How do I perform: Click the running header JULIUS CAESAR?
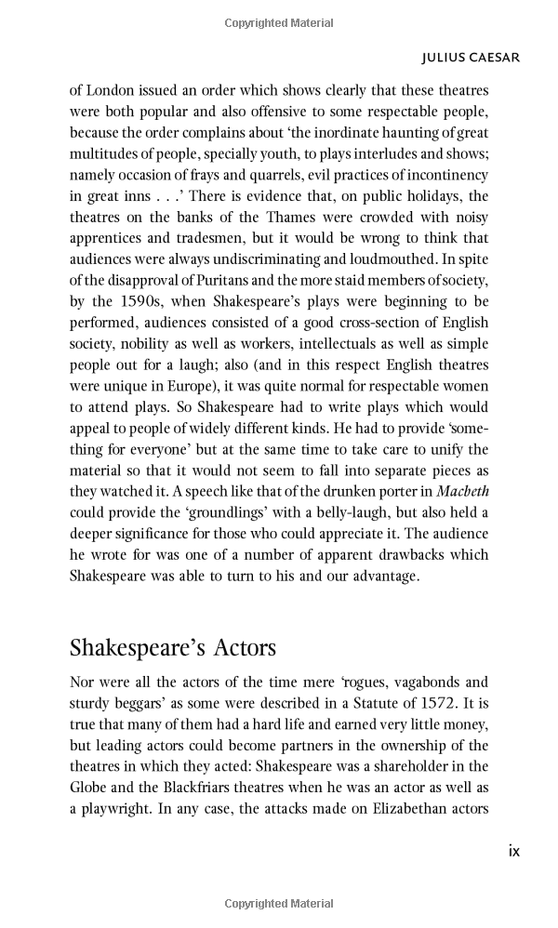tap(470, 58)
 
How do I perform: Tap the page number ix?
tap(513, 850)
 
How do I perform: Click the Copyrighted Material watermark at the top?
tap(278, 23)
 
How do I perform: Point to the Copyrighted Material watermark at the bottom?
tap(278, 904)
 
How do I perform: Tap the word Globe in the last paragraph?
tap(88, 788)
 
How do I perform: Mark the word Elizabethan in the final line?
tap(405, 809)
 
